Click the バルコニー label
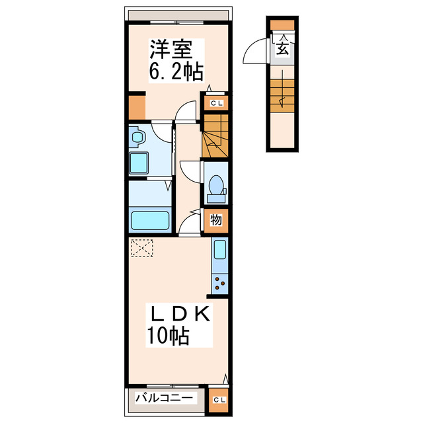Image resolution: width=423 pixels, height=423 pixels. tap(165, 398)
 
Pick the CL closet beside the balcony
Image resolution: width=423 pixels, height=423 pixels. tap(217, 399)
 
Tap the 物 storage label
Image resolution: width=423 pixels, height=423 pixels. tap(217, 220)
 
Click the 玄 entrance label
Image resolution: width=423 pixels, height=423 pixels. tap(282, 48)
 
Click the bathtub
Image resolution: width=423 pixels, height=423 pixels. tap(151, 219)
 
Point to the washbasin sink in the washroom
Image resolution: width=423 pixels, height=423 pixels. tap(138, 137)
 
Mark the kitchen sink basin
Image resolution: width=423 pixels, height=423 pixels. tap(220, 250)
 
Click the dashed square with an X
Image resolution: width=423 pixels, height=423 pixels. tap(141, 248)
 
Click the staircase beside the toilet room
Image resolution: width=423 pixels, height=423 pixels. tap(215, 135)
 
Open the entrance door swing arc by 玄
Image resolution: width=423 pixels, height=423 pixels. tap(255, 53)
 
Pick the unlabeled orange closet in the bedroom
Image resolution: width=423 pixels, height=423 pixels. tap(136, 107)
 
